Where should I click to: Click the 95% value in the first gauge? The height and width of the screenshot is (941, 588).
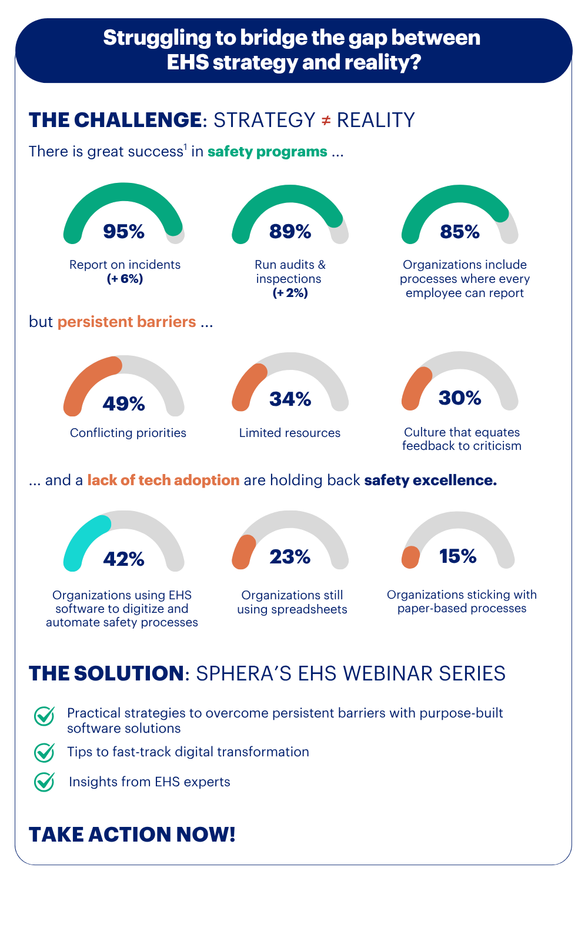(x=123, y=232)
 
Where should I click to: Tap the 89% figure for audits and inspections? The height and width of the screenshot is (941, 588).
(x=290, y=232)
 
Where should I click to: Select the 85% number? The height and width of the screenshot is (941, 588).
(x=460, y=232)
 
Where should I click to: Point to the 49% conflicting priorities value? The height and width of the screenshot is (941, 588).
(x=123, y=403)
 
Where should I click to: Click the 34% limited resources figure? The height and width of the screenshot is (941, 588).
(x=290, y=399)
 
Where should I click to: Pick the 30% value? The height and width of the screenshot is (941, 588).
(x=460, y=398)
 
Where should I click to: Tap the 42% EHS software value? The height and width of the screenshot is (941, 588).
(x=123, y=559)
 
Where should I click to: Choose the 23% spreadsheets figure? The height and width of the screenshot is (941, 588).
(x=290, y=556)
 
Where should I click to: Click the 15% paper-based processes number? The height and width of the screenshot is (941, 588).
(x=458, y=556)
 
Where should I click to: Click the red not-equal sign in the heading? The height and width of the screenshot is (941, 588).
(x=326, y=120)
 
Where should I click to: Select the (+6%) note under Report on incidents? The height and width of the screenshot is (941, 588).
(x=125, y=279)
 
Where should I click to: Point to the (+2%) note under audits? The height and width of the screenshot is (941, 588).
(x=290, y=293)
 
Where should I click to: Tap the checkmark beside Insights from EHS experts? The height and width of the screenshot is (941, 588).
(x=44, y=782)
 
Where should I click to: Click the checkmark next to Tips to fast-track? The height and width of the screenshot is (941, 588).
(x=44, y=752)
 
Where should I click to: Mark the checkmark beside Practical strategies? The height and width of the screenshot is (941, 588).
(x=44, y=716)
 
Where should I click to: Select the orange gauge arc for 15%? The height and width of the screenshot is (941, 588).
(x=410, y=557)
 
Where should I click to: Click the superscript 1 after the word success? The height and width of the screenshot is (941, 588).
(x=185, y=147)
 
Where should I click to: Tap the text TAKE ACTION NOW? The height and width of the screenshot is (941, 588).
(x=132, y=834)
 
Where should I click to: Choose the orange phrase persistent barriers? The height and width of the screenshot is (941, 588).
(x=126, y=322)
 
